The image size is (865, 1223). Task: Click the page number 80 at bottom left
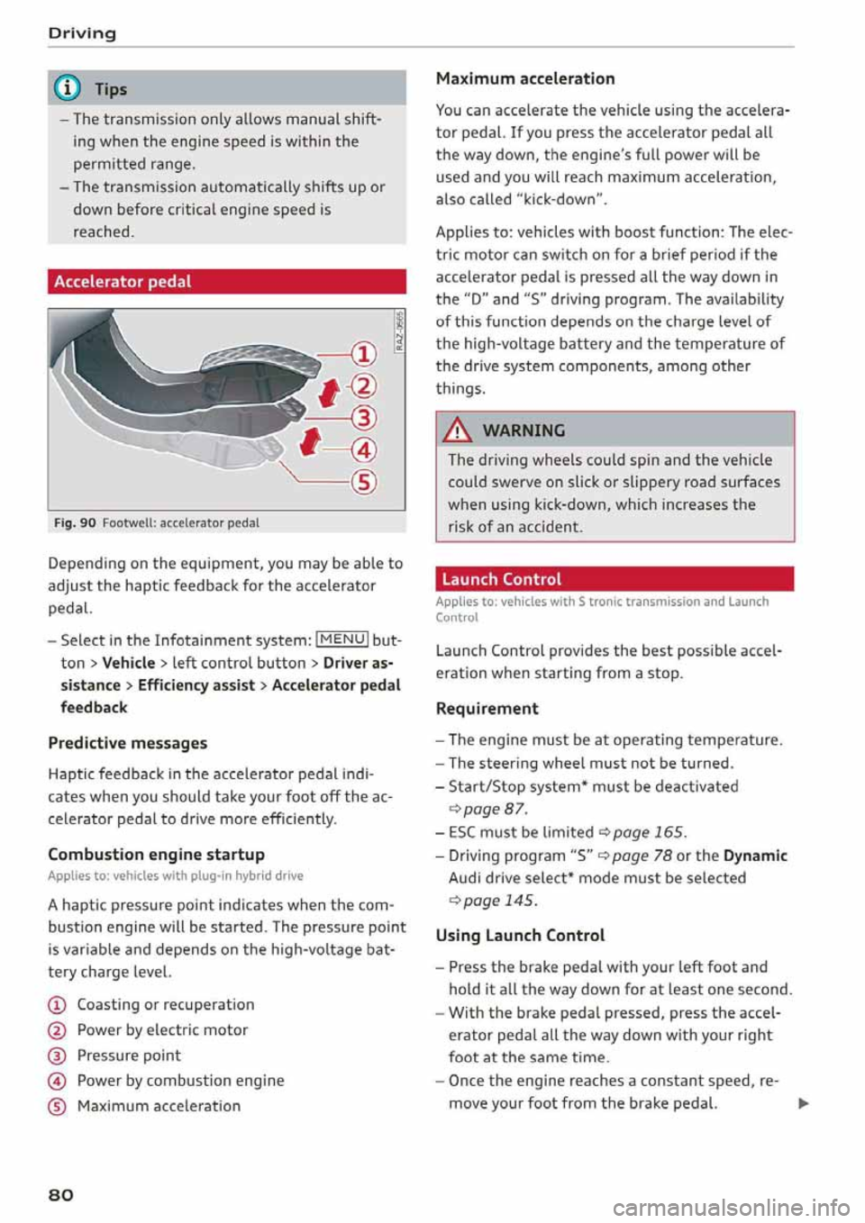(61, 1194)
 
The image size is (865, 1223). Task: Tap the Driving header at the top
(82, 33)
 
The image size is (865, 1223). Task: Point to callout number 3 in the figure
(363, 418)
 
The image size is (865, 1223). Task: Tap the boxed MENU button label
(341, 639)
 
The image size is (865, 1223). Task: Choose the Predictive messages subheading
(127, 743)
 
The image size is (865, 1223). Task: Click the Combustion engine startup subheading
(156, 854)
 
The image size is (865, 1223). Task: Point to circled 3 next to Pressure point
(56, 1055)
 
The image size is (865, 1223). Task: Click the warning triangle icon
(460, 430)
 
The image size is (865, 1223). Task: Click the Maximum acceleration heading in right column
(524, 78)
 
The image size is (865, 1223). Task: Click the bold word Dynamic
(755, 856)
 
